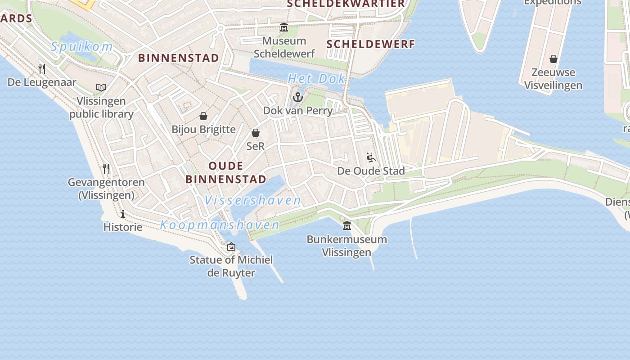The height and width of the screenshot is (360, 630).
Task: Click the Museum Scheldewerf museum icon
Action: tap(284, 27)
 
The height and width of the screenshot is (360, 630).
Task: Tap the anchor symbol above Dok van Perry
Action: tap(297, 97)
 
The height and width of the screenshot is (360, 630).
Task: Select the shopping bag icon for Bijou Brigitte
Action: tap(203, 116)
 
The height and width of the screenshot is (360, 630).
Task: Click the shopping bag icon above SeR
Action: tap(256, 133)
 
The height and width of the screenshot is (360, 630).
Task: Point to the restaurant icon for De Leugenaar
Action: tap(42, 69)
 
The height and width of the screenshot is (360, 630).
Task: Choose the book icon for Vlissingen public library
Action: tap(101, 87)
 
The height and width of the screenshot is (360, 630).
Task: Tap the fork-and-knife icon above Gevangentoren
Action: tap(106, 169)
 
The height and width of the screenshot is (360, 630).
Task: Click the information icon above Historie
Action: tap(123, 214)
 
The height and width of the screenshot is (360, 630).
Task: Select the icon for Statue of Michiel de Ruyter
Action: tap(231, 247)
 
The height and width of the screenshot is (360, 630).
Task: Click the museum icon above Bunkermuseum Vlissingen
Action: tap(347, 225)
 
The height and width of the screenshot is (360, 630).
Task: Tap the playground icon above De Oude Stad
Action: tap(371, 157)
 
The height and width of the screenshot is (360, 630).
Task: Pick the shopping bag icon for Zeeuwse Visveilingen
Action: tap(553, 59)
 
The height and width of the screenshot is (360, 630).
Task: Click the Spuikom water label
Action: tap(81, 46)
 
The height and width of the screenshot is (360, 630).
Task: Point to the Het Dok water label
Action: tap(317, 79)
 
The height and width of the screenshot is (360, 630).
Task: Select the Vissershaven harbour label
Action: tap(253, 200)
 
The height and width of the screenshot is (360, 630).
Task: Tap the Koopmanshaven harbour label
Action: tap(220, 225)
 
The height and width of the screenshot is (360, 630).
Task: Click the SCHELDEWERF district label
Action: tap(370, 44)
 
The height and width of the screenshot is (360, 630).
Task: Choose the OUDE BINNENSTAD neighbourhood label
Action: tap(226, 172)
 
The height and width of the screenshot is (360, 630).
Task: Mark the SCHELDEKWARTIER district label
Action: tap(346, 4)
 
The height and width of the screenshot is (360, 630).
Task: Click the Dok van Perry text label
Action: tap(298, 111)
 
